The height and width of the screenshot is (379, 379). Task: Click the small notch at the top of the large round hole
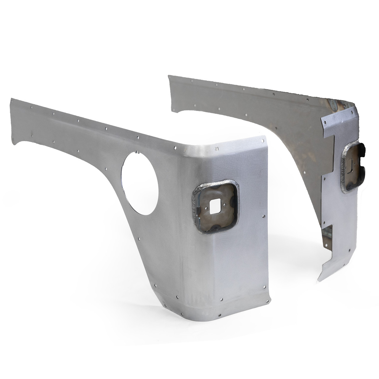(x=138, y=153)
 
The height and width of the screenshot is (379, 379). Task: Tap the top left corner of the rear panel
(x=169, y=76)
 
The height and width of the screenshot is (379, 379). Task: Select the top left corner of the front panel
(x=12, y=99)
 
